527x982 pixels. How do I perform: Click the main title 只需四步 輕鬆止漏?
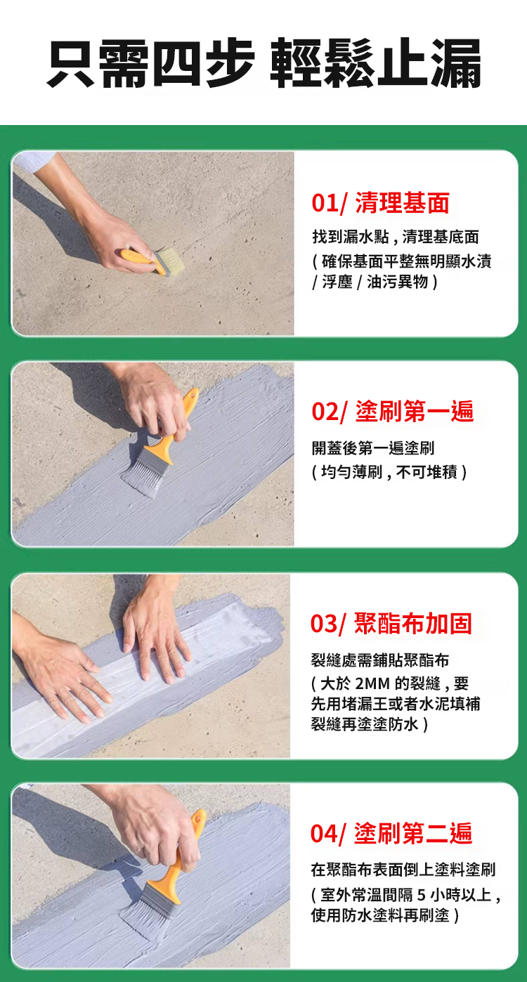pos(264,63)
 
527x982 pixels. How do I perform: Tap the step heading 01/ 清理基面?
pos(380,203)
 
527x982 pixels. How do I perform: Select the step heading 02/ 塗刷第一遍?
pos(392,412)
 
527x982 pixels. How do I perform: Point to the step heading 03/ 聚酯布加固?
pos(391,623)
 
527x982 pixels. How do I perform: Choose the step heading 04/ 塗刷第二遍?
pos(391,833)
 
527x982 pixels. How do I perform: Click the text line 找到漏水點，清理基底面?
pos(396,237)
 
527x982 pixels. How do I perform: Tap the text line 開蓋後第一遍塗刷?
pos(373,448)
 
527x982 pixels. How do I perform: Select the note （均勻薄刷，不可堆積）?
pos(389,472)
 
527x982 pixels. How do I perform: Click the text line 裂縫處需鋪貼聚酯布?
pos(380,660)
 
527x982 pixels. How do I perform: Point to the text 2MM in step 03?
pos(372,683)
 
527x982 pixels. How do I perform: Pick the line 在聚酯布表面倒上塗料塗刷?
pos(403,870)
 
